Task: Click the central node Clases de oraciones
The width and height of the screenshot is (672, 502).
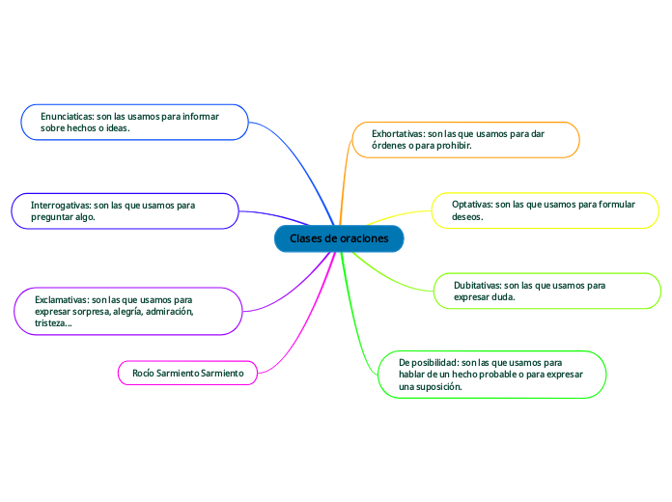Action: pos(339,238)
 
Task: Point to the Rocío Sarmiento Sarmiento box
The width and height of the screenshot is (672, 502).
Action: pos(187,373)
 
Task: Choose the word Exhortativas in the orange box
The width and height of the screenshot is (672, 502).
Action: pos(389,133)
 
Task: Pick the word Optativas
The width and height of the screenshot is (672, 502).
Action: pos(472,205)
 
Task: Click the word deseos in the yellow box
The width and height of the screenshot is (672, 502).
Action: pos(467,217)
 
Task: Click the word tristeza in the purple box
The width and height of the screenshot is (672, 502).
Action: pos(52,324)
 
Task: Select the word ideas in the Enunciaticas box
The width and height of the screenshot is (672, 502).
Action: pos(116,128)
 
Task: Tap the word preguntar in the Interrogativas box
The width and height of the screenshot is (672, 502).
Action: pos(53,218)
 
